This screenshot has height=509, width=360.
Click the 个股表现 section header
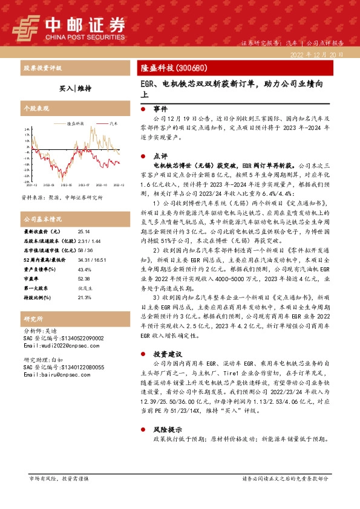[x=35, y=109]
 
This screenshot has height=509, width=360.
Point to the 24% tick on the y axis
[x=27, y=129]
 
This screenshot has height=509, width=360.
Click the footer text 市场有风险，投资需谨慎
[x=59, y=478]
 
